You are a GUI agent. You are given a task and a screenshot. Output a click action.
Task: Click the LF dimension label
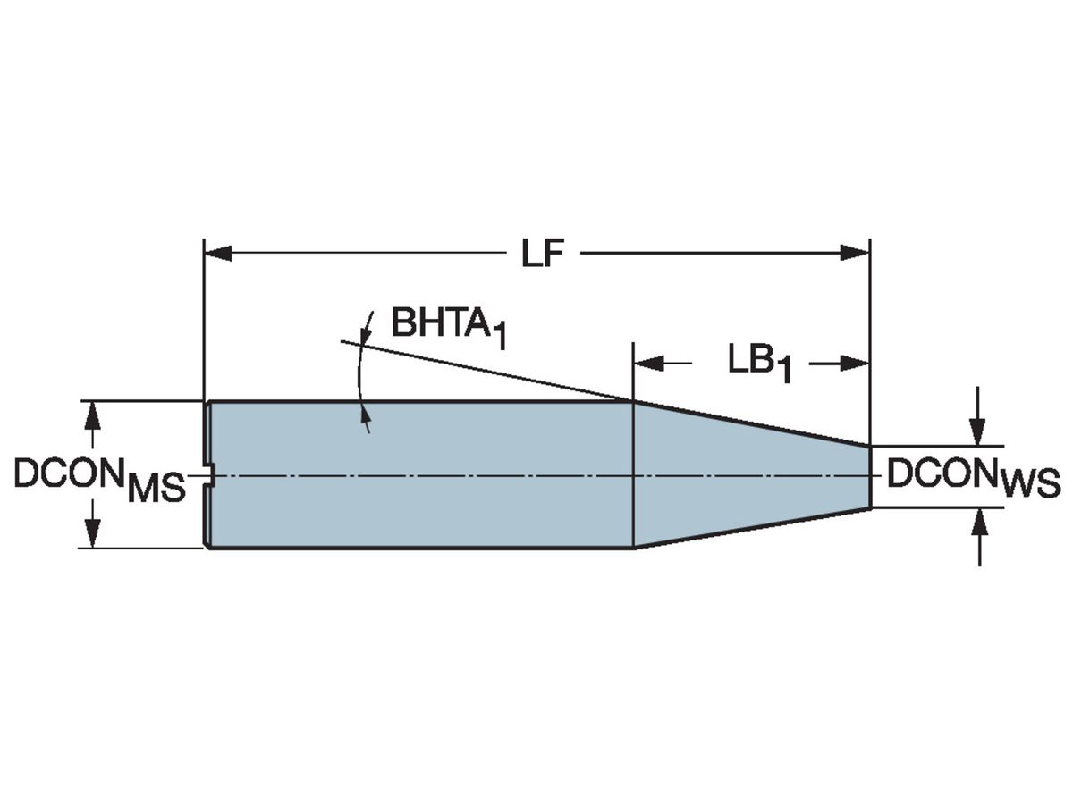coord(544,255)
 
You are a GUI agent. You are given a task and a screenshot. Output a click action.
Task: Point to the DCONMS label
coord(99,479)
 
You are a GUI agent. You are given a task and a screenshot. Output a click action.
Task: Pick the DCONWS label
coord(973,479)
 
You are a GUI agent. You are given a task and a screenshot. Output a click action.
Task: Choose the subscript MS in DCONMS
coord(156,489)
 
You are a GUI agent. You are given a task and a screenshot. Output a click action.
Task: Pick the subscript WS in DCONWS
coord(1029,487)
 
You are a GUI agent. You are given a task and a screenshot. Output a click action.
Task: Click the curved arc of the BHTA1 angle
coord(359,375)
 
